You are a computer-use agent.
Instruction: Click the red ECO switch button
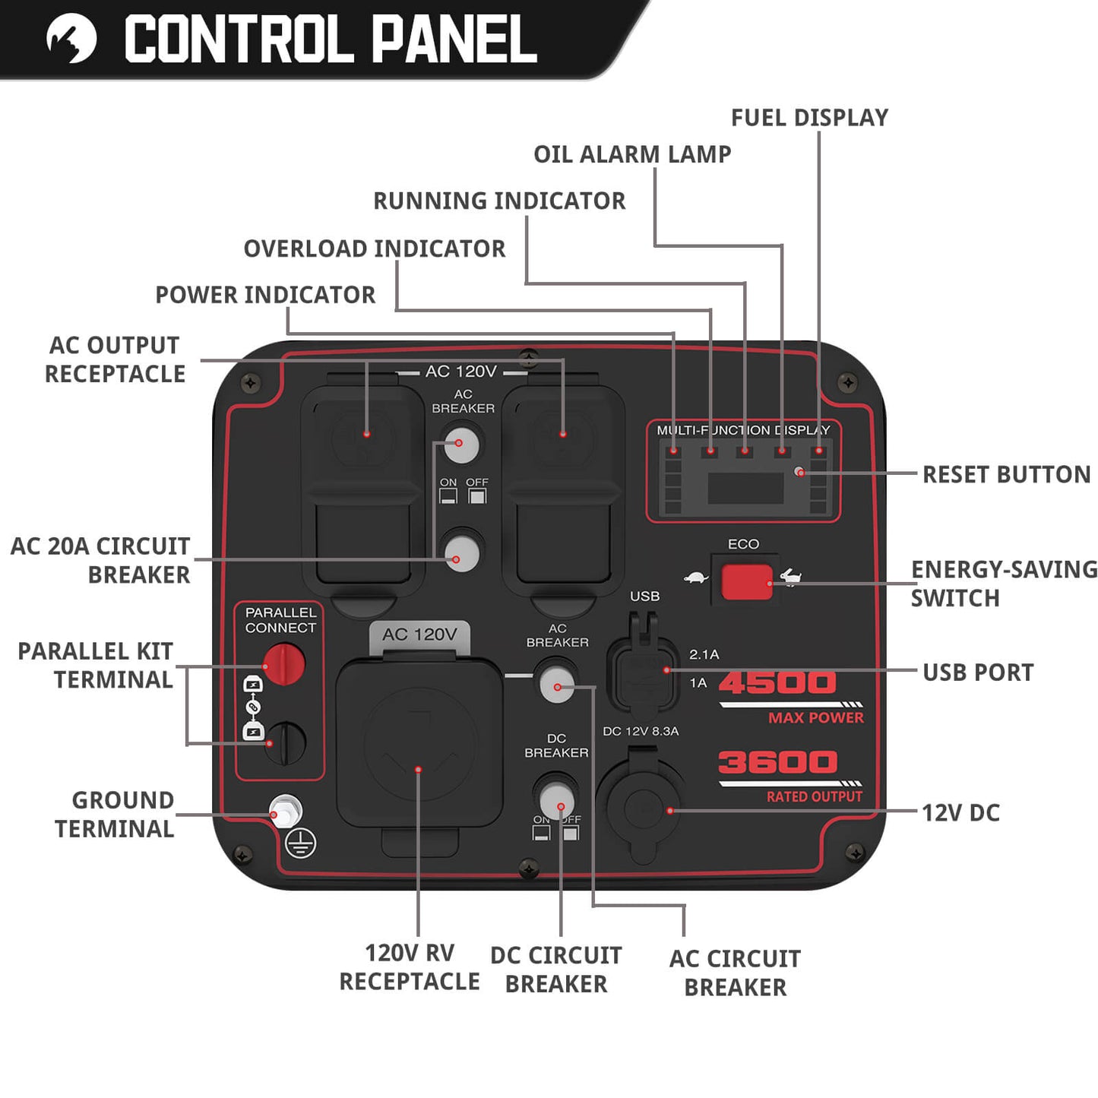746,582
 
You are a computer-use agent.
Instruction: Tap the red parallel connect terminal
284,663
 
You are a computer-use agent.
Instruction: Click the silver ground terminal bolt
285,812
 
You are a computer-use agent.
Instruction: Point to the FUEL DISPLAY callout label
809,118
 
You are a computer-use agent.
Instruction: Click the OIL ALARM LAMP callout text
632,154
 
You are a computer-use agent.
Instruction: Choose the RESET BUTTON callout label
1006,475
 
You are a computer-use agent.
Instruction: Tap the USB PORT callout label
978,672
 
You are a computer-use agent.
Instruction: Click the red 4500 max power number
777,682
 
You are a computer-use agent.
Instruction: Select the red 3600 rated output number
777,762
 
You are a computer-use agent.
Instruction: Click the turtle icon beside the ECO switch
695,578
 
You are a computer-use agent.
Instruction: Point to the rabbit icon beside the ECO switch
791,577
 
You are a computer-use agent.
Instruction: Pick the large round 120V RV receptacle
419,743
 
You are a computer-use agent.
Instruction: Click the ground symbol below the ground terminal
301,843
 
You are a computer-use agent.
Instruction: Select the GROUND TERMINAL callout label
115,815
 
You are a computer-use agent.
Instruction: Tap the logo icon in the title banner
71,38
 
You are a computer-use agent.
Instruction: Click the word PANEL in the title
454,40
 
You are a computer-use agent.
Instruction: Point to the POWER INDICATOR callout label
265,295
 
